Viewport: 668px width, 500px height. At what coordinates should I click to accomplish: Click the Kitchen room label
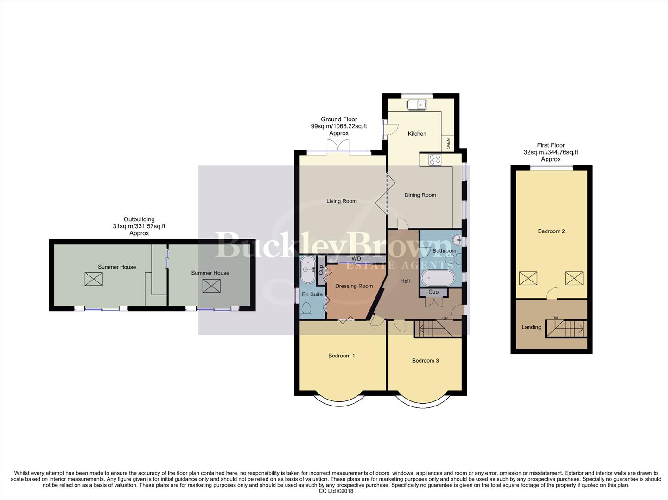[x=417, y=134]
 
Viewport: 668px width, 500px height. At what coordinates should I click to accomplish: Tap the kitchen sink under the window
[x=417, y=105]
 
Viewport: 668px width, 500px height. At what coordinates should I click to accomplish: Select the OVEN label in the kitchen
[x=448, y=144]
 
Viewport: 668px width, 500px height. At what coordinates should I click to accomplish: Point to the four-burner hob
[x=435, y=160]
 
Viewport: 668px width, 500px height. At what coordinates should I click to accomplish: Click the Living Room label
[x=341, y=201]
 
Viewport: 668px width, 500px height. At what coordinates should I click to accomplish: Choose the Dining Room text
[x=420, y=195]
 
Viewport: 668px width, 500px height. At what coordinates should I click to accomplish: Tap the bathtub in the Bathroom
[x=438, y=278]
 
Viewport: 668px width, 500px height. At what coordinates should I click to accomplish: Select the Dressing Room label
[x=354, y=286]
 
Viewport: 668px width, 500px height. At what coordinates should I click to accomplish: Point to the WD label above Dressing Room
[x=356, y=259]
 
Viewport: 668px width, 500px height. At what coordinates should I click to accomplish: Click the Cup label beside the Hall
[x=433, y=292]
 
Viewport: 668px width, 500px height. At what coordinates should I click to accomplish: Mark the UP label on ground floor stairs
[x=445, y=319]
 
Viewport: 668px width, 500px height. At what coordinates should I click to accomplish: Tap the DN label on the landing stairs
[x=555, y=318]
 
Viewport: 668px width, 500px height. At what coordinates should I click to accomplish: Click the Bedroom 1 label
[x=341, y=356]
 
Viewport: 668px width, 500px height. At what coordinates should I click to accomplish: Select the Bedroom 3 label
[x=425, y=361]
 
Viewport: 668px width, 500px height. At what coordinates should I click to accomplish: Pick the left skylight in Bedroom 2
[x=528, y=278]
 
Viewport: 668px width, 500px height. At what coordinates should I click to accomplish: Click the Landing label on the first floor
[x=531, y=327]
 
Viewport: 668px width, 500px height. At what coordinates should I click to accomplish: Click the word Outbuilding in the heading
[x=139, y=219]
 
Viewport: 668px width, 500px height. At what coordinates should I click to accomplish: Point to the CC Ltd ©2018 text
[x=336, y=491]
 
